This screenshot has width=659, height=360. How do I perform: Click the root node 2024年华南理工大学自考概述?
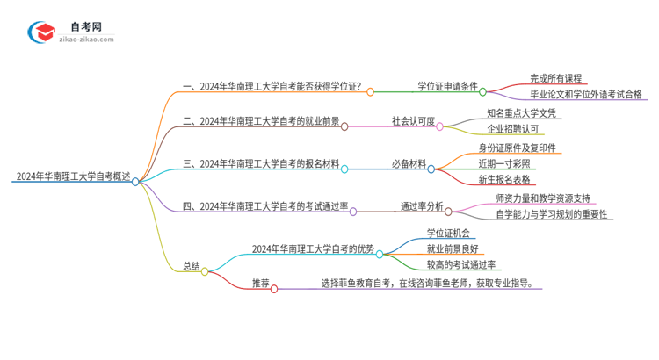pyautogui.click(x=72, y=176)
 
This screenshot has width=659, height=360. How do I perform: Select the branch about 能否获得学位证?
pyautogui.click(x=274, y=86)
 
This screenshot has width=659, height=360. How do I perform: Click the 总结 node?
pyautogui.click(x=192, y=265)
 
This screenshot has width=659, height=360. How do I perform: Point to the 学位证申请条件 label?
pyautogui.click(x=447, y=86)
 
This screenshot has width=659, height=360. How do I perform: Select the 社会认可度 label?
pyautogui.click(x=413, y=121)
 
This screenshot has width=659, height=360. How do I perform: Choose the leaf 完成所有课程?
pyautogui.click(x=555, y=78)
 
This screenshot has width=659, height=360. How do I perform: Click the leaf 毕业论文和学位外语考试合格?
pyautogui.click(x=586, y=94)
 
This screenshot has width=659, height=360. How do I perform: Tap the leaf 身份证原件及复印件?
pyautogui.click(x=517, y=147)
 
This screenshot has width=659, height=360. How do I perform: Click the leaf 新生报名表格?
pyautogui.click(x=505, y=179)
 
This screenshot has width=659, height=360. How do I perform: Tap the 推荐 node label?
pyautogui.click(x=260, y=283)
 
